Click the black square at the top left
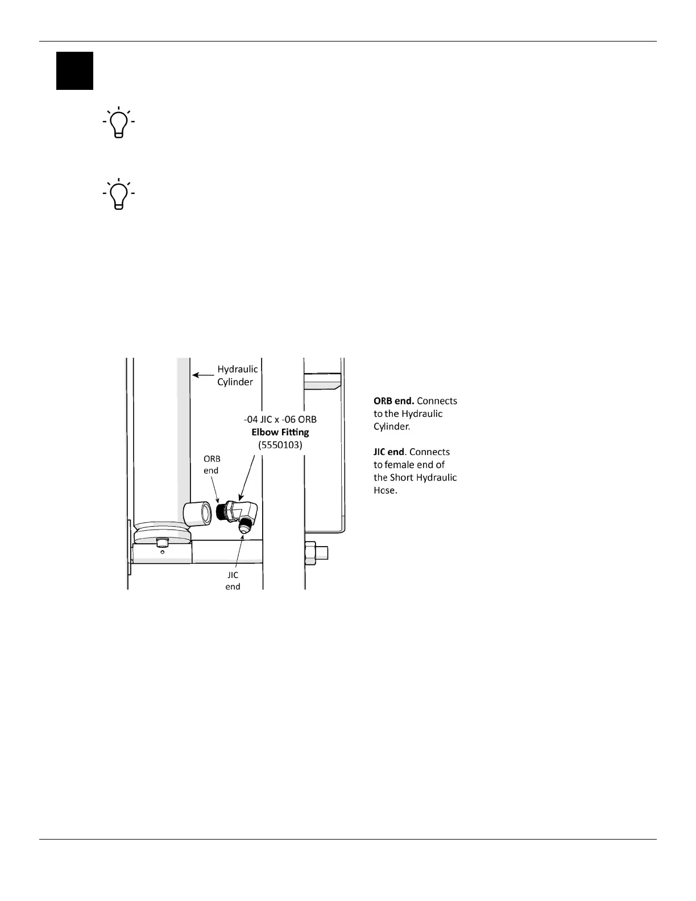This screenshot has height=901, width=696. click(x=74, y=71)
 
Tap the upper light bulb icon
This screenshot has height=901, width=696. click(x=119, y=122)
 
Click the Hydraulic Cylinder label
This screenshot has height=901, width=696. click(x=237, y=375)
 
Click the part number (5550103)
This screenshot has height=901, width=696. click(x=280, y=445)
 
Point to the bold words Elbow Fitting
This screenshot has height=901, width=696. click(x=280, y=432)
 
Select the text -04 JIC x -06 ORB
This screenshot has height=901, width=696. click(x=280, y=420)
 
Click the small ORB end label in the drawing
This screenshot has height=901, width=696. click(x=212, y=464)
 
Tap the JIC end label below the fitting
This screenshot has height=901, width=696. click(x=233, y=581)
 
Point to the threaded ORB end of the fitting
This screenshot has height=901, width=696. click(x=222, y=513)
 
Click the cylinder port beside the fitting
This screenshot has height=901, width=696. click(x=199, y=514)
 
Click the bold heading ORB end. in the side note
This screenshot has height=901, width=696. click(x=393, y=401)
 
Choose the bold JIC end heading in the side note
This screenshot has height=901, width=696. click(x=388, y=452)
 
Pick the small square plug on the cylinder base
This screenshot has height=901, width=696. click(x=162, y=541)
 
